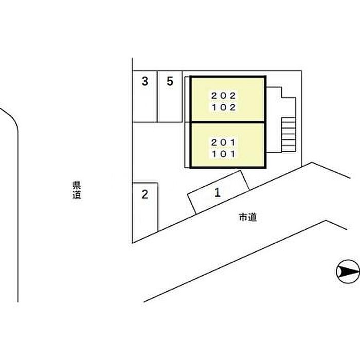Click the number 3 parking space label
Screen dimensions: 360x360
coord(146,81)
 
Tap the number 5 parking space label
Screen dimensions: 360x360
coord(170,81)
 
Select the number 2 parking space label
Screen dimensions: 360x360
coord(145,194)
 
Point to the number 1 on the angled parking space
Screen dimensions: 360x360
coord(218,193)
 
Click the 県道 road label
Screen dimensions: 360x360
coord(77,190)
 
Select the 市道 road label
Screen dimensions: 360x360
coord(247,218)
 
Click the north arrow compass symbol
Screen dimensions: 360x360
coord(347,271)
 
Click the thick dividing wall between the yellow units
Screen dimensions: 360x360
coord(228,122)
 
